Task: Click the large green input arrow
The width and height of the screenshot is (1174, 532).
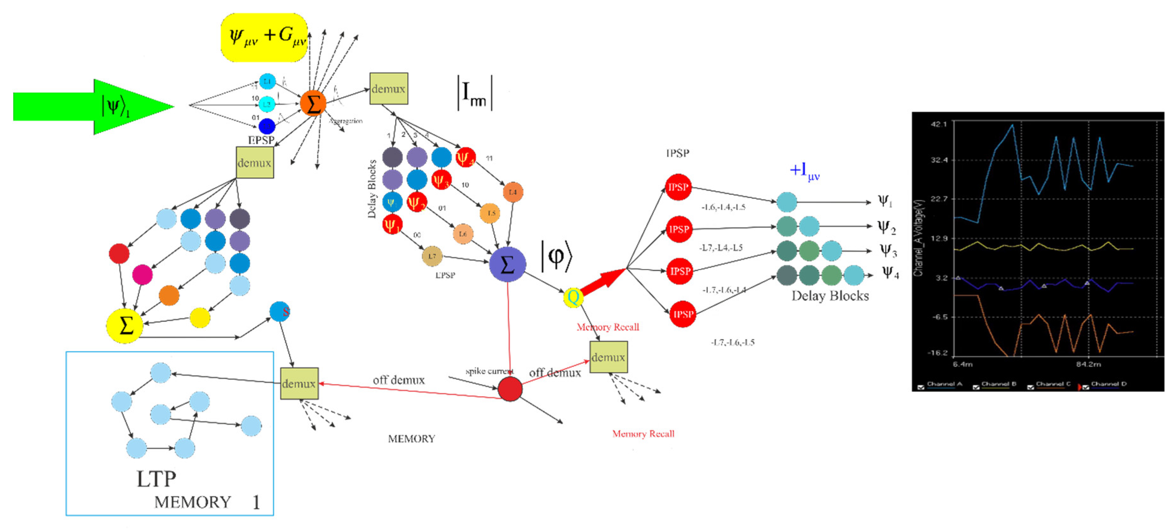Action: (91, 107)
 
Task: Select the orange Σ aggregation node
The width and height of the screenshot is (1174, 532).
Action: (313, 103)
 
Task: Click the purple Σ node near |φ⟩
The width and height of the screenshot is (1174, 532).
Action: (507, 264)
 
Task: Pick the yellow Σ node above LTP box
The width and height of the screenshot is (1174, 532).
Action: (125, 326)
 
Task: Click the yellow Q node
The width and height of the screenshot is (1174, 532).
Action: (573, 297)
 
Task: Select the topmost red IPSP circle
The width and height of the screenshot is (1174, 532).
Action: (678, 187)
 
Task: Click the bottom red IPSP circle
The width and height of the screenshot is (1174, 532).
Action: (683, 314)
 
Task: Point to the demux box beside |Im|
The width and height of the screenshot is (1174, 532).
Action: (388, 88)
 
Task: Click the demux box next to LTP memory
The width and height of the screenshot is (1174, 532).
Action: (299, 383)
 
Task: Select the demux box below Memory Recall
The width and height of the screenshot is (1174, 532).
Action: (608, 357)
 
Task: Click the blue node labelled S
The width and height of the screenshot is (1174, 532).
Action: (280, 311)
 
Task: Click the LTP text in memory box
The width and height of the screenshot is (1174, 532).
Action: (156, 479)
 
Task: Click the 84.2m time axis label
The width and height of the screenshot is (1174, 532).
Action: (1088, 364)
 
